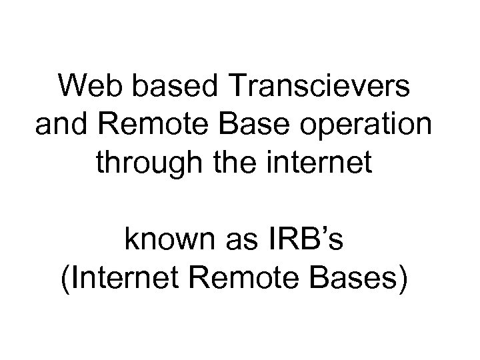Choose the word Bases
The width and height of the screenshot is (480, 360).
[353, 279]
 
